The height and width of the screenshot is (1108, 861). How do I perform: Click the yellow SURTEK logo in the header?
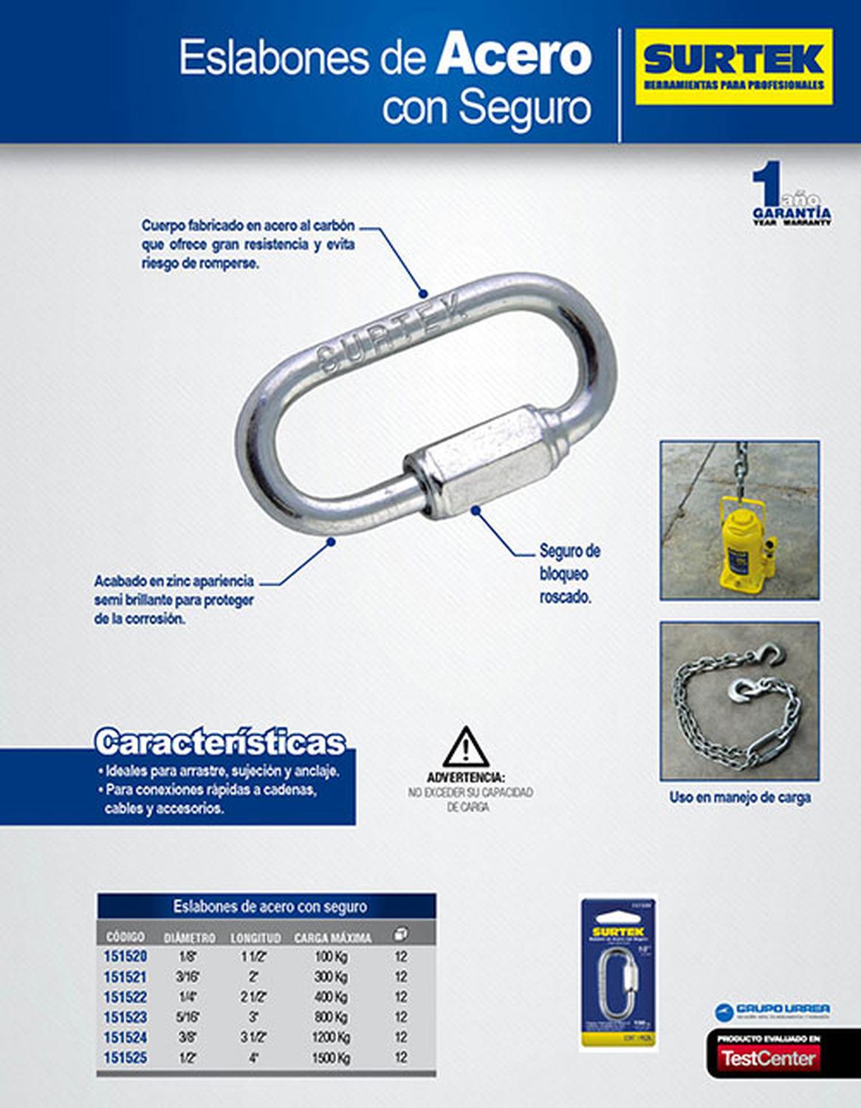pyautogui.click(x=734, y=66)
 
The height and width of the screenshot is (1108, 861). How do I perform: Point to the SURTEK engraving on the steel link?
pyautogui.click(x=391, y=332)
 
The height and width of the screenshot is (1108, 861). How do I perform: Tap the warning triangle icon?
pyautogui.click(x=465, y=748)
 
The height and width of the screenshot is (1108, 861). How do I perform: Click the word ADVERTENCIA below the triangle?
pyautogui.click(x=466, y=778)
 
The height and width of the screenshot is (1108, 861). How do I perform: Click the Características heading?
pyautogui.click(x=220, y=742)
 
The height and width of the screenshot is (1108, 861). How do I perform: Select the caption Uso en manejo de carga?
pyautogui.click(x=740, y=798)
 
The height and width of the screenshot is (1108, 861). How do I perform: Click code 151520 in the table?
pyautogui.click(x=125, y=957)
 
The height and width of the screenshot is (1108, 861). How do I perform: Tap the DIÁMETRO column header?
pyautogui.click(x=189, y=937)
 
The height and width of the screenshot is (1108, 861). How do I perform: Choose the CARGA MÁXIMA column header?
pyautogui.click(x=332, y=937)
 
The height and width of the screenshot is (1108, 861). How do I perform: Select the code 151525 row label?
pyautogui.click(x=125, y=1058)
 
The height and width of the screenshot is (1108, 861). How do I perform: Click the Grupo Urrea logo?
pyautogui.click(x=772, y=1010)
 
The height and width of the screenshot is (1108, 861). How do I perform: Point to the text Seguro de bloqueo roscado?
pyautogui.click(x=569, y=573)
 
